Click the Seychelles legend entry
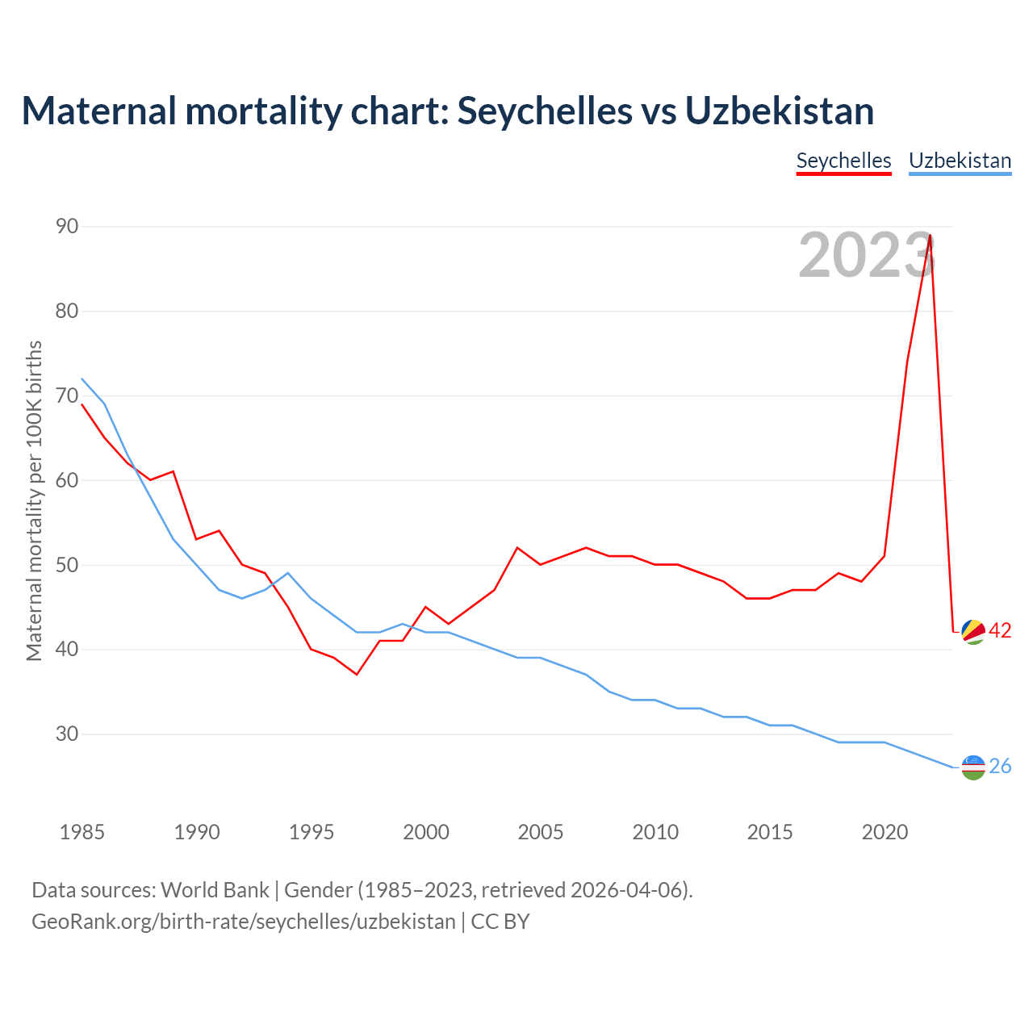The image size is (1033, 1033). coord(843,161)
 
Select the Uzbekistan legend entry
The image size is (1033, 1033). coord(960,161)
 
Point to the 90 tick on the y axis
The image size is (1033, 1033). coord(67,227)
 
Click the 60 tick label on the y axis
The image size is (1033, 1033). coord(67,481)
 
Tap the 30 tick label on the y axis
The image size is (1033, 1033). coord(67,734)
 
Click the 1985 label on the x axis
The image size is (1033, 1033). coord(82,832)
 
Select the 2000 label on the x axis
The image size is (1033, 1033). coord(426,832)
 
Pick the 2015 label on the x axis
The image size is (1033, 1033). coord(770,832)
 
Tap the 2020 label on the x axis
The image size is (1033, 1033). coord(885,832)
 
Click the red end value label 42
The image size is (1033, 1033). coord(1000,631)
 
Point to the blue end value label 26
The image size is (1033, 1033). coord(1000,767)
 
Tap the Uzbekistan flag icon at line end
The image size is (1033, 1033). coord(973,767)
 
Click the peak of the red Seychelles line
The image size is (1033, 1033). coord(931,236)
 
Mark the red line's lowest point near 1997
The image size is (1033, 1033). coord(357,674)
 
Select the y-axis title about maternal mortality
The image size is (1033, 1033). coord(34,500)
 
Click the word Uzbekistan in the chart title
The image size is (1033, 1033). coord(780,111)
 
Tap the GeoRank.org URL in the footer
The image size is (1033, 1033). coord(243,922)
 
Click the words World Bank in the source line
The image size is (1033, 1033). coord(215,890)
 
